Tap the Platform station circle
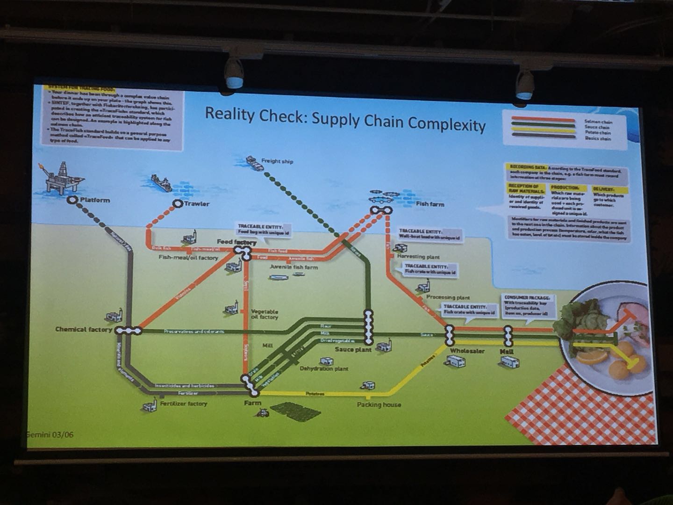72,200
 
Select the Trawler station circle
177,203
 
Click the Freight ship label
277,161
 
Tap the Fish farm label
430,204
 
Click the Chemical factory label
84,329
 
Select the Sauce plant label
353,349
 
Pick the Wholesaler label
467,351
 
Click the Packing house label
379,404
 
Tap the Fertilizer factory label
183,403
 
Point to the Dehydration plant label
324,368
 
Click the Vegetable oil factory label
265,314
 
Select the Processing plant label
448,297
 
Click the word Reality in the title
229,114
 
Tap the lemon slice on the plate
591,357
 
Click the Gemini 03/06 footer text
50,435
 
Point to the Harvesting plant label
418,256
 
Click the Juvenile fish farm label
294,267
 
